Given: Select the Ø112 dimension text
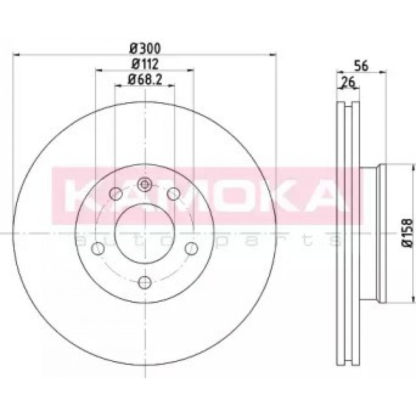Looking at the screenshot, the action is coord(145,64).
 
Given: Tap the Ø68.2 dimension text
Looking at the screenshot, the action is coord(145,79).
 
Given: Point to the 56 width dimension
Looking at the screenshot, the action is coord(362,66).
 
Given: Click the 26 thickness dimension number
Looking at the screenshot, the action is coord(348,82).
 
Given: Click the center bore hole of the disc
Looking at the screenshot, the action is coord(145,233).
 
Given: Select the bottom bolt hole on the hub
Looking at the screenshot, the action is coord(145,282).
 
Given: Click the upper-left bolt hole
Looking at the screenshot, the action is coord(116,194).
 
